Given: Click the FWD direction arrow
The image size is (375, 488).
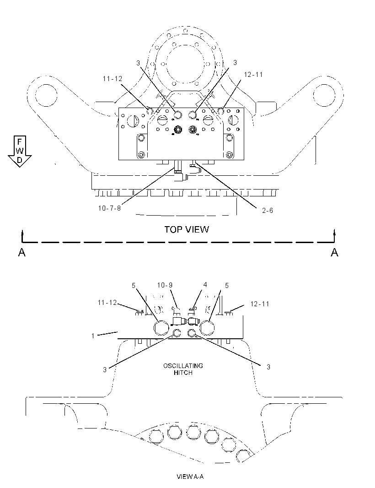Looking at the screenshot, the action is (x=20, y=152).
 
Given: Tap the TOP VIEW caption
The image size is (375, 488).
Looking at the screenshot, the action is (x=187, y=230).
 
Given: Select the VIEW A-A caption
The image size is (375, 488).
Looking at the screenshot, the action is (x=190, y=477).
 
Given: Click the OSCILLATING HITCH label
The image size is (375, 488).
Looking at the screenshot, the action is (x=183, y=369).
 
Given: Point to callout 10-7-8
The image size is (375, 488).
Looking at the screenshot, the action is (x=109, y=208).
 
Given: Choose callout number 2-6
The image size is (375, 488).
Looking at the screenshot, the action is (x=268, y=211).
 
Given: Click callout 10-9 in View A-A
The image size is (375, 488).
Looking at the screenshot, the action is (x=165, y=285).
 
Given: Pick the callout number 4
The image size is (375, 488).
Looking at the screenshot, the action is (x=205, y=284).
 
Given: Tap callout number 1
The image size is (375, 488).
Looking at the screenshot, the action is (x=93, y=336).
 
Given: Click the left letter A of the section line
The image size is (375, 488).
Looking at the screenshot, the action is (x=22, y=252).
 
